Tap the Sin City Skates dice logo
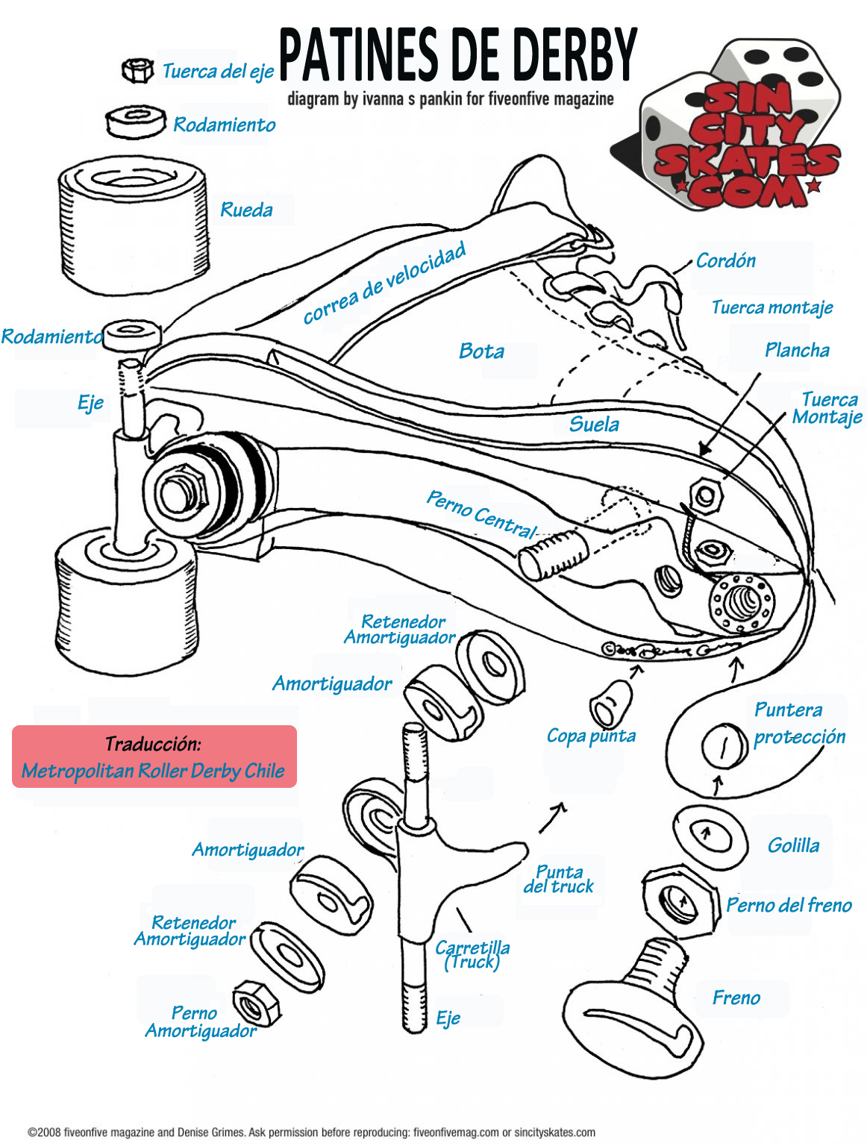(x=735, y=127)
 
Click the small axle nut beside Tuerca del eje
(x=137, y=70)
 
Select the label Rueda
(x=246, y=210)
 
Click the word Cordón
(x=725, y=260)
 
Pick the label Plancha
(x=797, y=350)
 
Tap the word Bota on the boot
(x=481, y=351)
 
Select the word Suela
(x=594, y=424)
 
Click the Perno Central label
(x=481, y=514)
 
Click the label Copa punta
(x=591, y=736)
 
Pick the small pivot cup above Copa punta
(x=610, y=703)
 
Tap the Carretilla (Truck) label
(x=472, y=954)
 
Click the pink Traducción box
(x=154, y=757)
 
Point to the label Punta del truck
(x=559, y=879)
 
